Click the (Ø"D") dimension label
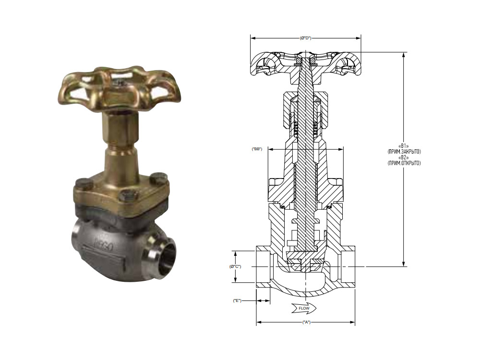(x=305, y=38)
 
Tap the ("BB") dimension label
(x=257, y=149)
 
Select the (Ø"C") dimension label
(x=235, y=266)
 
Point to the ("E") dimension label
(x=237, y=300)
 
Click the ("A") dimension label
(x=306, y=322)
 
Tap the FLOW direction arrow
(x=304, y=308)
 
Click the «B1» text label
(x=404, y=146)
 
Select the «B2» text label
(x=404, y=157)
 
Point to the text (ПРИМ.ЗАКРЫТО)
(x=404, y=152)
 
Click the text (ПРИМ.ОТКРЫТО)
(x=404, y=163)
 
